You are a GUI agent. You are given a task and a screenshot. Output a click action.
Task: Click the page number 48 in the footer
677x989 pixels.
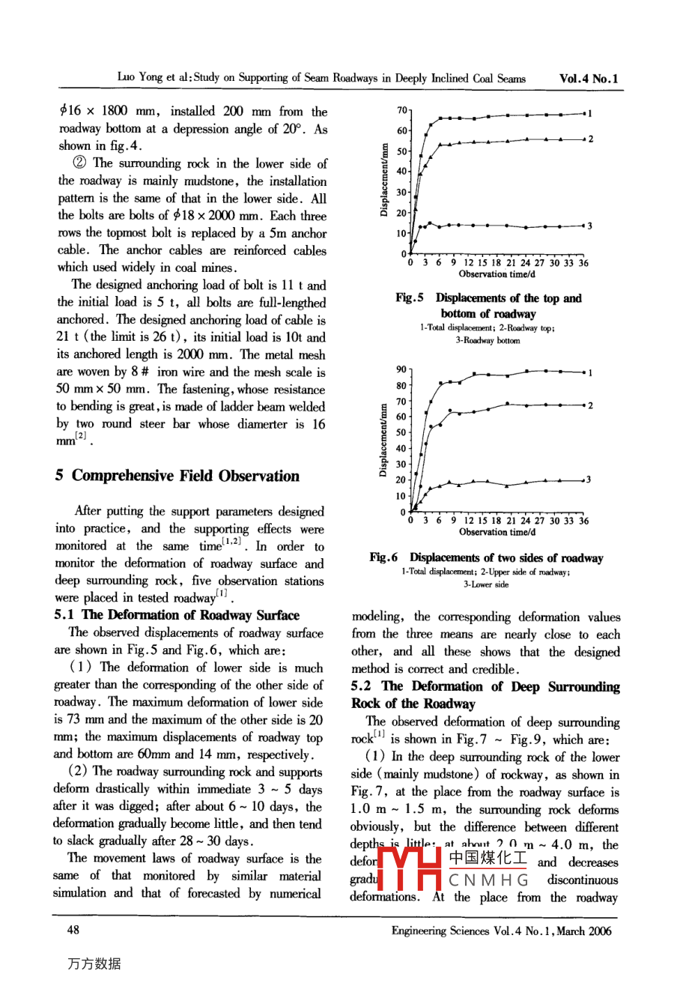[x=73, y=930]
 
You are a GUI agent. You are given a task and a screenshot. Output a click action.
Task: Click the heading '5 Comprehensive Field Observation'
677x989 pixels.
[x=177, y=476]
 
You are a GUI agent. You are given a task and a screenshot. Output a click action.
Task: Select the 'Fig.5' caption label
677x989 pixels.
[x=410, y=298]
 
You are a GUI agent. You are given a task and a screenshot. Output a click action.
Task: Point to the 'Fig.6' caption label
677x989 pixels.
[x=383, y=557]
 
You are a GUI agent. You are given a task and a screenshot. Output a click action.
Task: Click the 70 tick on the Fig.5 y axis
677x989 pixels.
[x=402, y=111]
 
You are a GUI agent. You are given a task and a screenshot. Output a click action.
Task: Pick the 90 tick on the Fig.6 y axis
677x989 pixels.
[x=401, y=369]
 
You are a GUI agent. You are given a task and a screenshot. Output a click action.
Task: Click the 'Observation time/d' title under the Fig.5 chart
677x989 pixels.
[x=497, y=274]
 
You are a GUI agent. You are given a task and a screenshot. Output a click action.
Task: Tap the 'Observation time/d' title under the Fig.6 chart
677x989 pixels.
[x=497, y=532]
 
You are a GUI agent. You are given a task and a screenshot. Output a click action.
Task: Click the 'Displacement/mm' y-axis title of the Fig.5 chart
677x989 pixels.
[x=383, y=181]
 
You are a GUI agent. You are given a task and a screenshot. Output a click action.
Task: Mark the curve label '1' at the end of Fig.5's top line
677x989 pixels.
[x=590, y=114]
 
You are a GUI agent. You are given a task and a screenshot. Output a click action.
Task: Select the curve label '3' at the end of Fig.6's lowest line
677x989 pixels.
[x=589, y=480]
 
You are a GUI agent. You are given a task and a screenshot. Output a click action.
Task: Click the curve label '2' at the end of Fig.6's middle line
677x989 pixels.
[x=590, y=405]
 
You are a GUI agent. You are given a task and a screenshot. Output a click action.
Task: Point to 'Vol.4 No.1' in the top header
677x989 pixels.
[x=589, y=78]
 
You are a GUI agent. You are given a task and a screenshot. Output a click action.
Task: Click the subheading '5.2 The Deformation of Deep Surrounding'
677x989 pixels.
[x=485, y=686]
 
